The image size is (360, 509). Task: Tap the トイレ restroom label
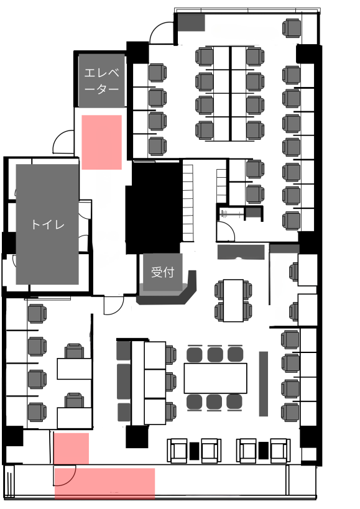pos(47,224)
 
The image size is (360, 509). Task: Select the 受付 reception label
pos(163,272)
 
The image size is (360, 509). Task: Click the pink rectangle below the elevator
pos(101,142)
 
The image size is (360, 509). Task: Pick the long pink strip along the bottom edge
pos(104,484)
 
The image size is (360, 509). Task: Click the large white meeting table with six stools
pos(216,378)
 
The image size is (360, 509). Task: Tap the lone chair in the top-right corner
pos(292,29)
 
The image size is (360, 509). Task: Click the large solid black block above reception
pos(153,208)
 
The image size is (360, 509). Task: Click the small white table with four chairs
pos(233,301)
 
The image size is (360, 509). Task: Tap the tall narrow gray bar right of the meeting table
pos(263,383)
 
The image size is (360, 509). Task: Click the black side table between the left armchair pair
pos(194,451)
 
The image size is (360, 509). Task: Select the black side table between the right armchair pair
pos(263,451)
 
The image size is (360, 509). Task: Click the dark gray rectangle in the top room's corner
pos(191,23)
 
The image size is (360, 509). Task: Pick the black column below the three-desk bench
pos(137,437)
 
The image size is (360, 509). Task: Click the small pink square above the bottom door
pos(72,449)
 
